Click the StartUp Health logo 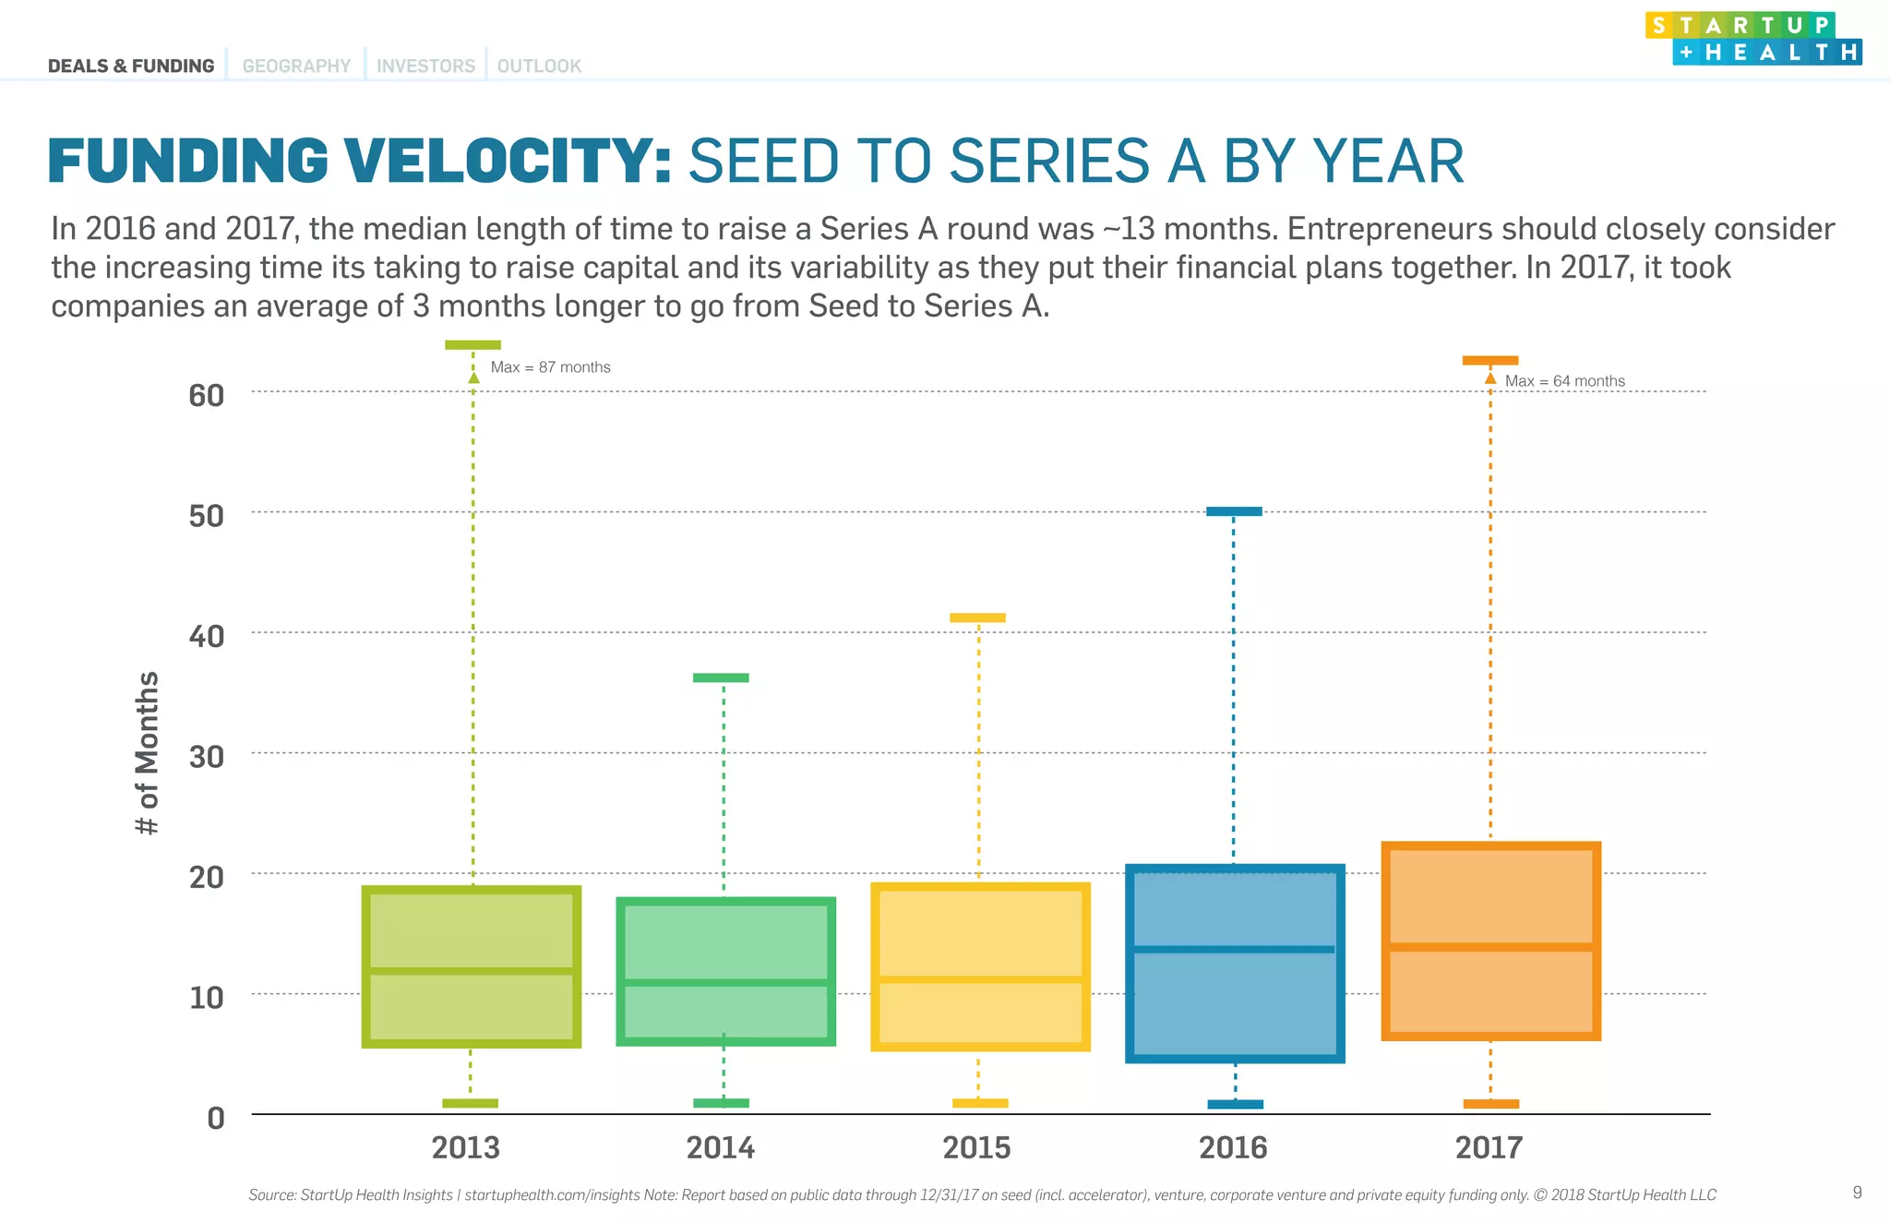tap(1752, 38)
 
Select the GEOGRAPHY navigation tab tap(296, 66)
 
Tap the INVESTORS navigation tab tap(425, 66)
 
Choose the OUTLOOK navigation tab tap(539, 66)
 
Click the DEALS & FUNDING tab tap(131, 66)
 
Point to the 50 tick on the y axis tap(207, 516)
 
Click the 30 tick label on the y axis tap(207, 757)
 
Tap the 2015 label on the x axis tap(976, 1147)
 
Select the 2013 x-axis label tap(466, 1147)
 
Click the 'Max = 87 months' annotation tap(550, 367)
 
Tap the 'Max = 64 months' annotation tap(1564, 381)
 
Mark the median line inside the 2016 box tap(1234, 949)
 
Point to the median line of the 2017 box tap(1490, 947)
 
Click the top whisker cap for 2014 tap(721, 677)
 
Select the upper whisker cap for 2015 tap(977, 617)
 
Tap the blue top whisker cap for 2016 tap(1234, 511)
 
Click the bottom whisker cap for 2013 tap(470, 1103)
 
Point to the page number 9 tap(1857, 1193)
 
